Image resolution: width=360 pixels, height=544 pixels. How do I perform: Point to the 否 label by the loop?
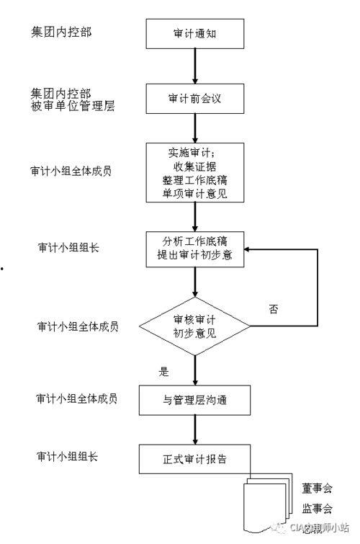pos(274,309)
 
